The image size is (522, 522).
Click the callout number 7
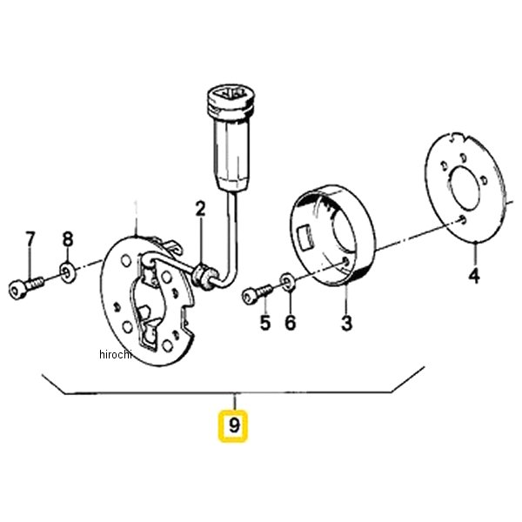[30, 238]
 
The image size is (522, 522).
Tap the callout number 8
[68, 238]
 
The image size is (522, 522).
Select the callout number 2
[200, 209]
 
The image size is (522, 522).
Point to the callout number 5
[265, 322]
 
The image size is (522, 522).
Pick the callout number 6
[291, 322]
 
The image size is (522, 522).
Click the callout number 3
[346, 322]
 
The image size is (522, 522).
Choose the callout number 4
[474, 275]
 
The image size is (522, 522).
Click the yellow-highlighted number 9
[233, 426]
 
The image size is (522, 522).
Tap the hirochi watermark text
[116, 354]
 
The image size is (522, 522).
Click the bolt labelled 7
[25, 287]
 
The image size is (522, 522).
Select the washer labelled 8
[68, 272]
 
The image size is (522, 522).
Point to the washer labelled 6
[288, 281]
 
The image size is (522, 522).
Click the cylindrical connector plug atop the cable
[231, 138]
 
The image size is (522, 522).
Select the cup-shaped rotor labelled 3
[333, 235]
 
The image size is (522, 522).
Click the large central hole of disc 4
[465, 188]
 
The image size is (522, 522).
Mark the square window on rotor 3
[306, 237]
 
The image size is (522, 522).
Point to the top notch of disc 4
[453, 137]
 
